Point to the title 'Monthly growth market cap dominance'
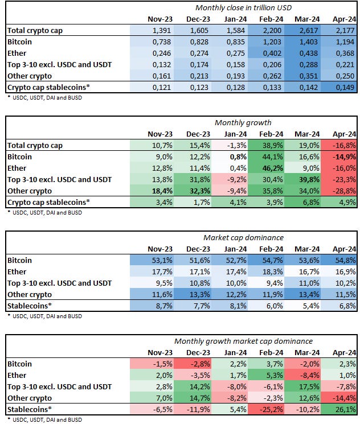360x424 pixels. point(243,341)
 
